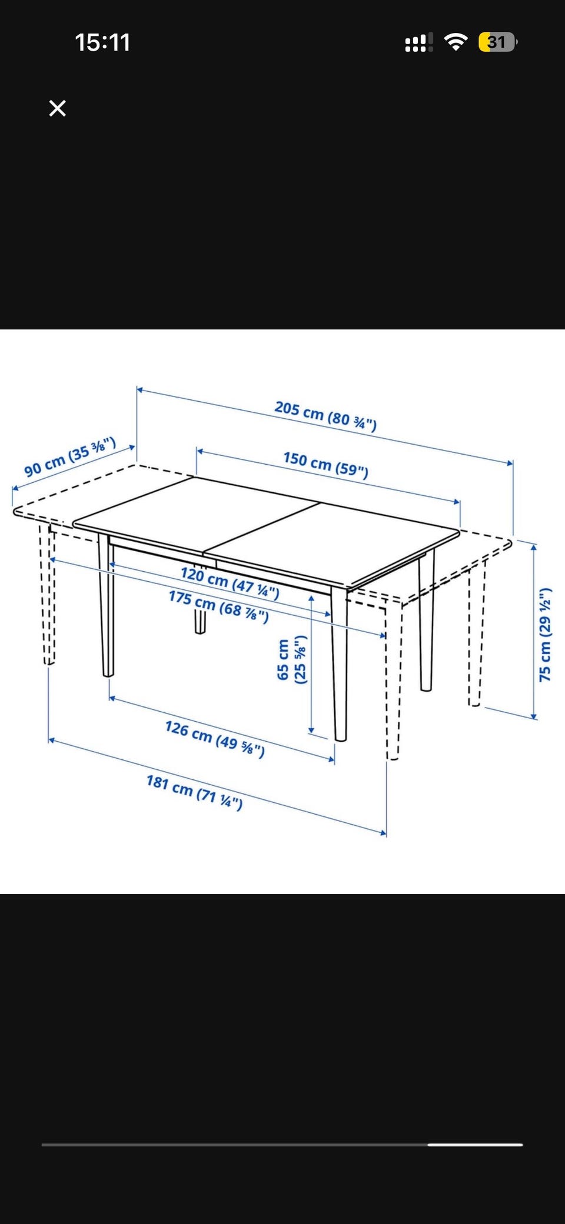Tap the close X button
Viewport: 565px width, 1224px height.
click(57, 108)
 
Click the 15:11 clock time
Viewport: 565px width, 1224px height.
click(102, 42)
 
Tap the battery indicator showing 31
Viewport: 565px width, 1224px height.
click(498, 42)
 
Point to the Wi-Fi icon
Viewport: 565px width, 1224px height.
click(456, 42)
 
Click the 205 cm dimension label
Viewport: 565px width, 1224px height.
click(325, 416)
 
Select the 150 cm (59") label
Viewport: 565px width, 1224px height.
click(325, 465)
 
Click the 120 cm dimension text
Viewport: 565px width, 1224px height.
click(230, 582)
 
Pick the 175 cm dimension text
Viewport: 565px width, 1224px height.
click(218, 606)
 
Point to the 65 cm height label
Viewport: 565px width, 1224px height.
click(292, 659)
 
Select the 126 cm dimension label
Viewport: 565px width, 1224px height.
click(215, 738)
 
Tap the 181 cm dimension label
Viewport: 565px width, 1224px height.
click(194, 792)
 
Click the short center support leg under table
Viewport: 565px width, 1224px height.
click(200, 622)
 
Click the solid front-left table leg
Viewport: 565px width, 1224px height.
click(106, 606)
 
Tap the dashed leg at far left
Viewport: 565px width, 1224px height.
click(47, 594)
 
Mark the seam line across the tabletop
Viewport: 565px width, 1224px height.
click(262, 528)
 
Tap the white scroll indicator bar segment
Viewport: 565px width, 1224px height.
click(476, 1145)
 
